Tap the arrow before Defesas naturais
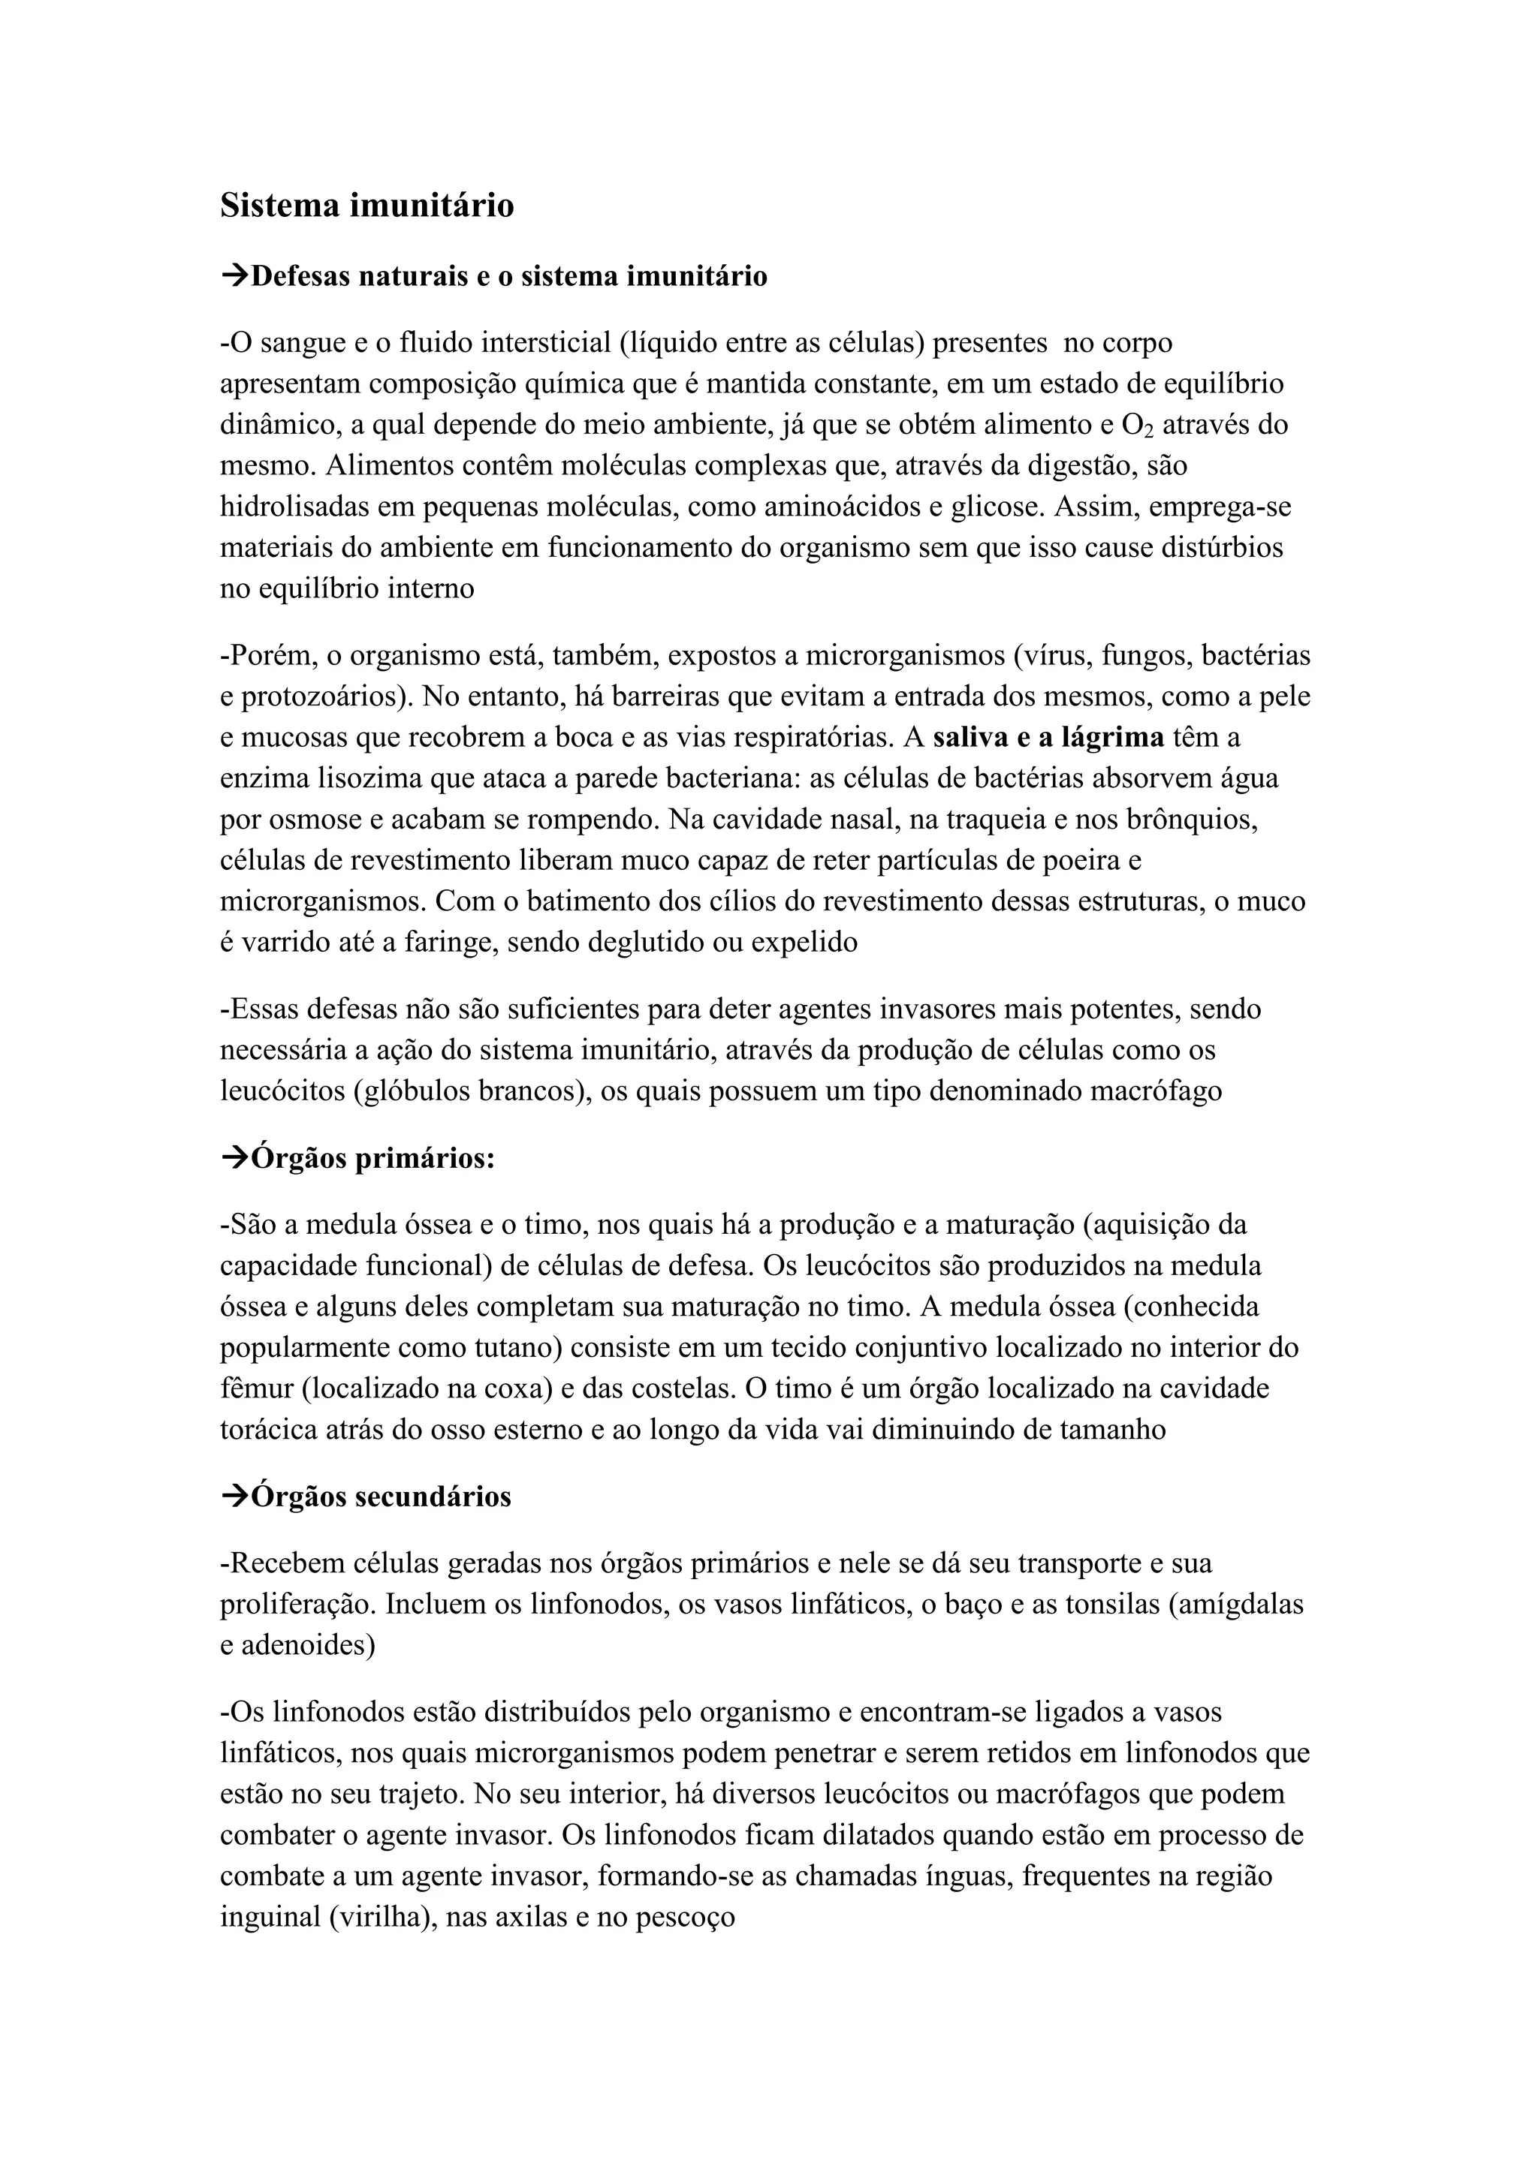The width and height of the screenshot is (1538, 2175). (234, 277)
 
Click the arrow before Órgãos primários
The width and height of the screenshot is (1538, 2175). (234, 1157)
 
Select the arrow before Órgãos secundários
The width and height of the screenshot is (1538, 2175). (234, 1497)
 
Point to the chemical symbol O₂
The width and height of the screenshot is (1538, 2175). (1137, 426)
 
